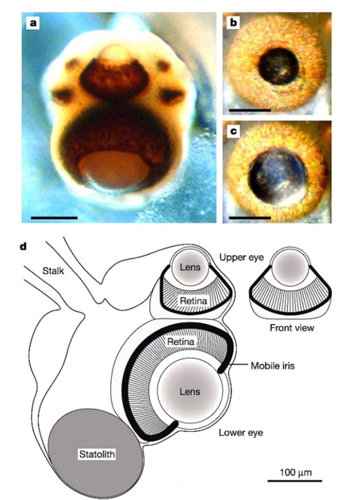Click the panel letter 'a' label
(x=33, y=23)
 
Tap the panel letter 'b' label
(x=234, y=24)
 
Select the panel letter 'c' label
(x=234, y=132)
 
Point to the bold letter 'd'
(x=23, y=247)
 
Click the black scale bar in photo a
(x=54, y=218)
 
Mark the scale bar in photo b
(x=250, y=110)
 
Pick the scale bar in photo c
(x=250, y=218)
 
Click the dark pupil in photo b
(x=278, y=66)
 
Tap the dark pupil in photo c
(x=278, y=176)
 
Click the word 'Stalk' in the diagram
(x=53, y=271)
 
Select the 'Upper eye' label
(x=242, y=257)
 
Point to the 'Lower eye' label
(x=241, y=433)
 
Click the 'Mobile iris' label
(x=273, y=365)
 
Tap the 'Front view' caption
(x=292, y=327)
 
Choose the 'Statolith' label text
(x=97, y=454)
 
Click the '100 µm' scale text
(x=295, y=473)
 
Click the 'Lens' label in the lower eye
(x=190, y=391)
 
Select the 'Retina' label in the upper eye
(x=194, y=300)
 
